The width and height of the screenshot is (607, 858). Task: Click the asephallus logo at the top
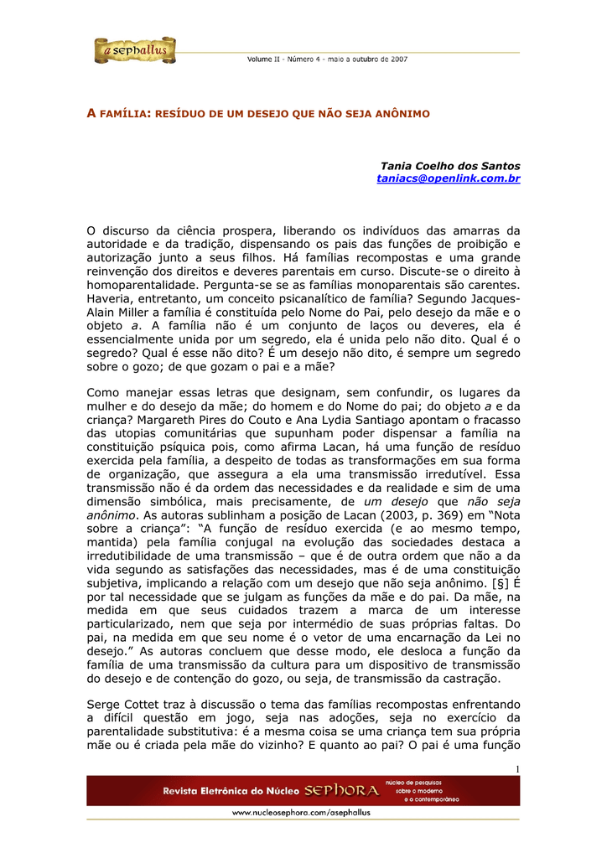[x=135, y=51]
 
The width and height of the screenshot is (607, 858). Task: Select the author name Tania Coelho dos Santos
[x=450, y=166]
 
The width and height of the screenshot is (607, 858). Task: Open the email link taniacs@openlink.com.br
[x=449, y=178]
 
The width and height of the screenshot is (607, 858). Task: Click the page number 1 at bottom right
[x=518, y=769]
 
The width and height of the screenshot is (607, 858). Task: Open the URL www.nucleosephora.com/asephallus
[x=301, y=812]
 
